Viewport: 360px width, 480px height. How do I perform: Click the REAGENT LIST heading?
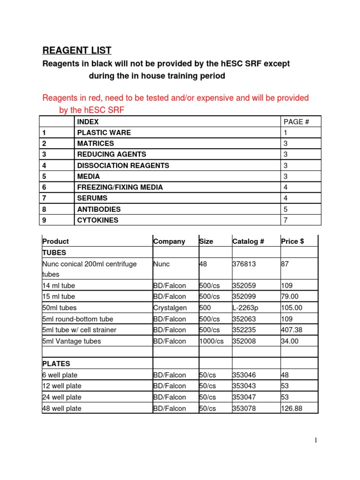(x=77, y=50)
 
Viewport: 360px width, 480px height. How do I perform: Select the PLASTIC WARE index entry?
(x=104, y=133)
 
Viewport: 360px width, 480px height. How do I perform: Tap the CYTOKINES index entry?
(x=97, y=220)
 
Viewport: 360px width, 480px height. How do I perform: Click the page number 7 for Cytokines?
(x=286, y=220)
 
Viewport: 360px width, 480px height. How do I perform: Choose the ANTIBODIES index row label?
(x=98, y=210)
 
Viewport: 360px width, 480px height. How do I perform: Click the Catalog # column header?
(x=248, y=241)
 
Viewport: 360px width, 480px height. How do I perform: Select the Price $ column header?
(x=292, y=241)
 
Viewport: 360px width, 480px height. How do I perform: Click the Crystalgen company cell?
(x=170, y=307)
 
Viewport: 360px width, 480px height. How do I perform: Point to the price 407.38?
(x=292, y=330)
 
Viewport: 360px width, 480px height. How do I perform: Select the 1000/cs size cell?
(x=212, y=341)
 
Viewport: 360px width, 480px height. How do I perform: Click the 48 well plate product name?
(x=62, y=409)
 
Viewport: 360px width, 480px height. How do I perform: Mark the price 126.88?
(x=292, y=409)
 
